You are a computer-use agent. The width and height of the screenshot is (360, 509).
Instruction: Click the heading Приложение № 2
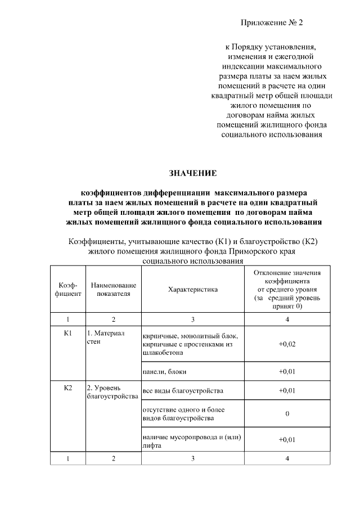272,23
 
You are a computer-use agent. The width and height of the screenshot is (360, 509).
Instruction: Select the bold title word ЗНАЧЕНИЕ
193,173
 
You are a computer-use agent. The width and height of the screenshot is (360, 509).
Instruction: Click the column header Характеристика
192,289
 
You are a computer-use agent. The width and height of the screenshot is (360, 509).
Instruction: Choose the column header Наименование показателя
113,289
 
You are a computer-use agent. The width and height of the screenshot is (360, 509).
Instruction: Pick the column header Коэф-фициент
69,289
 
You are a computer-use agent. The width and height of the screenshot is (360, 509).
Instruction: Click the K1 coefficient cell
69,333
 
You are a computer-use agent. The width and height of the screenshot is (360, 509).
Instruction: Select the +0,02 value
287,344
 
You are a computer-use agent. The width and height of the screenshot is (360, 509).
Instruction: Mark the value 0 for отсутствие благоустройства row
287,413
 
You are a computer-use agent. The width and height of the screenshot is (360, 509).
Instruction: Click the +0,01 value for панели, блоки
287,372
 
